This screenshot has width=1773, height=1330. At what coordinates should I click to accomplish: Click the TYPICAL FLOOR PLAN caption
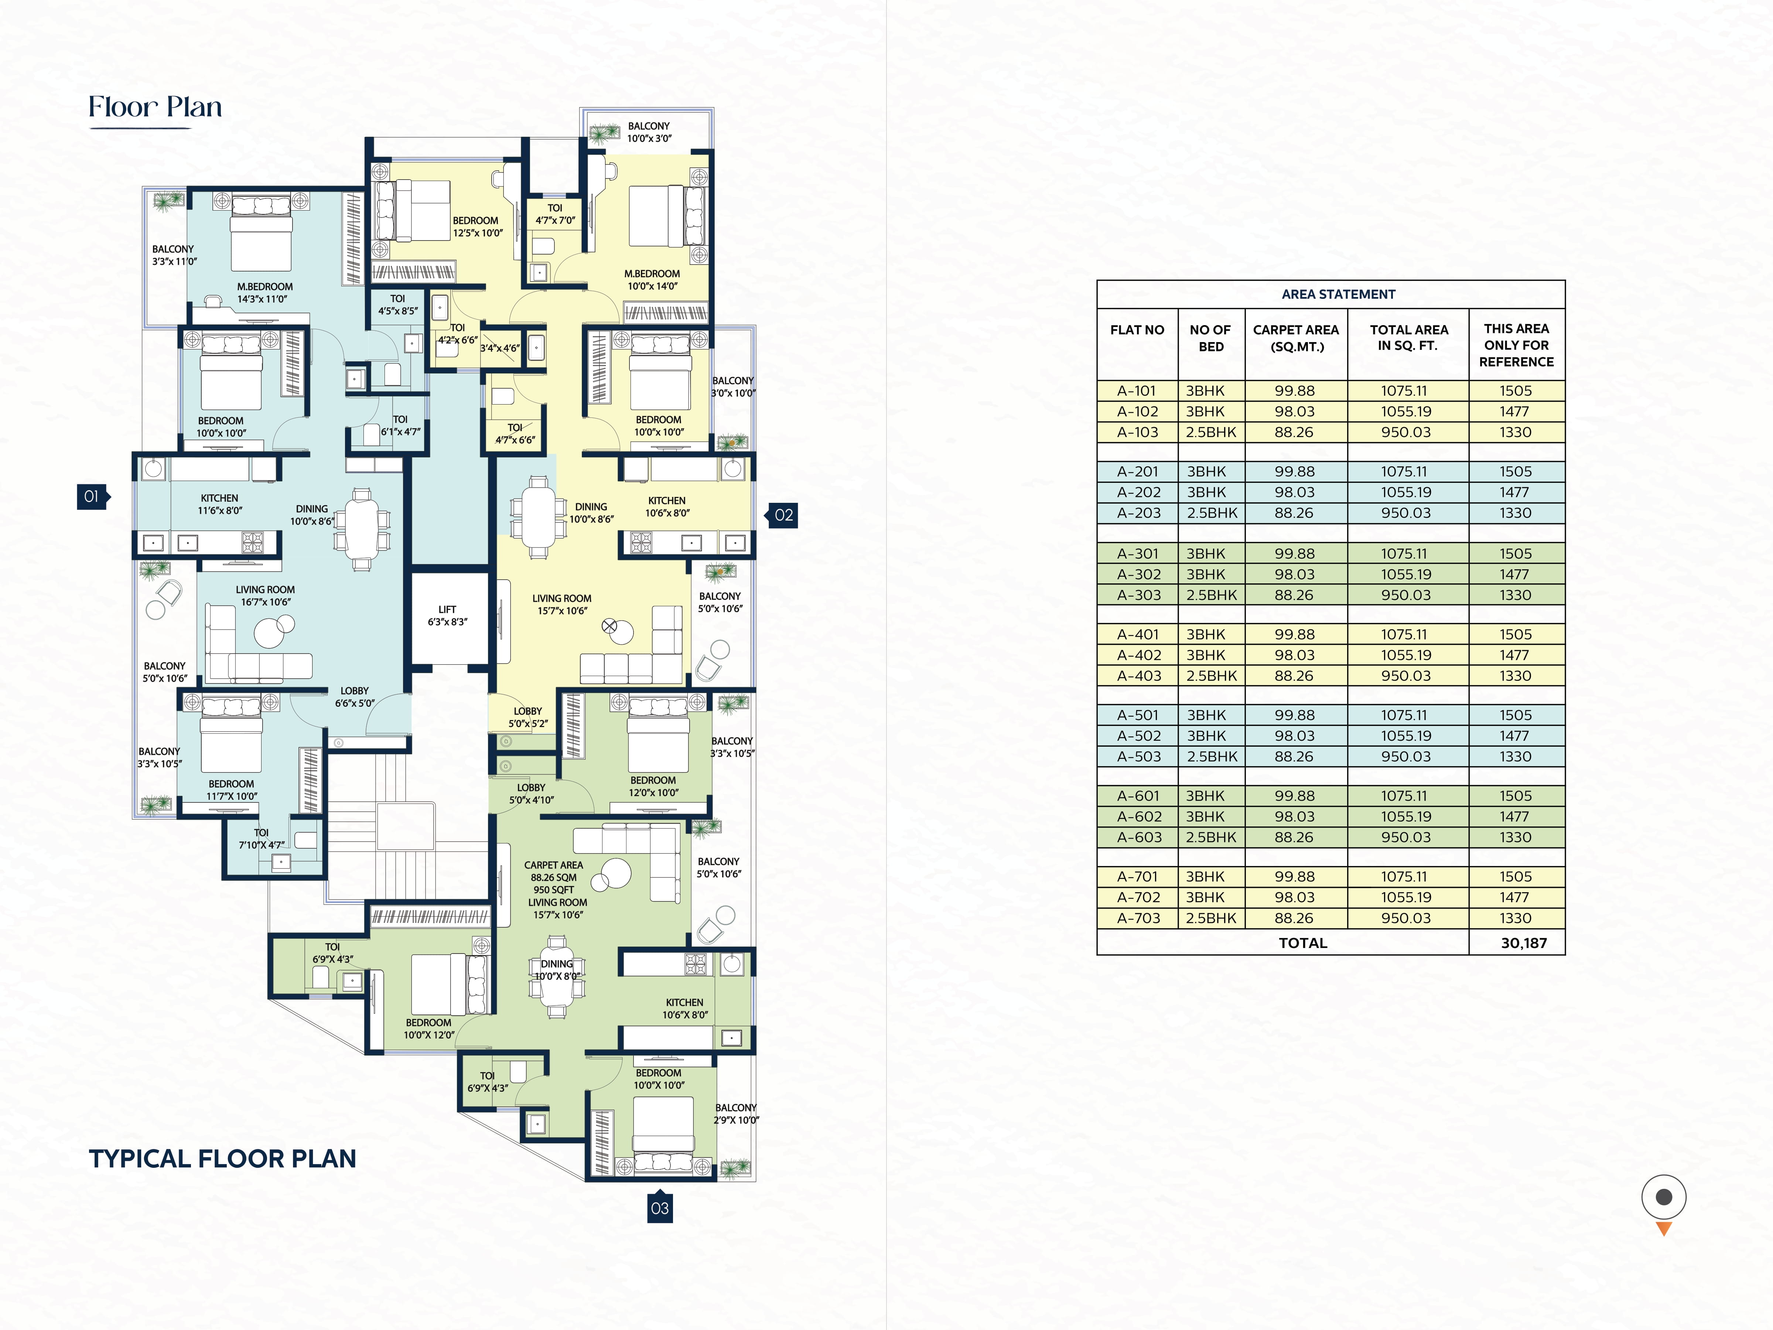point(222,1159)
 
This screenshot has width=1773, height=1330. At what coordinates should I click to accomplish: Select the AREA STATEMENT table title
point(1338,294)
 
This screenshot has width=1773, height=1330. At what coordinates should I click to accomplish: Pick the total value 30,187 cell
point(1523,943)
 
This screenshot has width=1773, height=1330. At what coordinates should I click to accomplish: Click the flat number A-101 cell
point(1137,391)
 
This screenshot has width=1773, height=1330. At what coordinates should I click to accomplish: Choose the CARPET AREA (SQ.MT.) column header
point(1295,338)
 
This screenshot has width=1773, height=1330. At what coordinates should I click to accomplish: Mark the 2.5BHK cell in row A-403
point(1211,676)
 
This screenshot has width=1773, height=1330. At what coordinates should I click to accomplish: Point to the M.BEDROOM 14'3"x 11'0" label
point(264,293)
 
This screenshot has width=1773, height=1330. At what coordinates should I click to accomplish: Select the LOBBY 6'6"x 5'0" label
point(354,697)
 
